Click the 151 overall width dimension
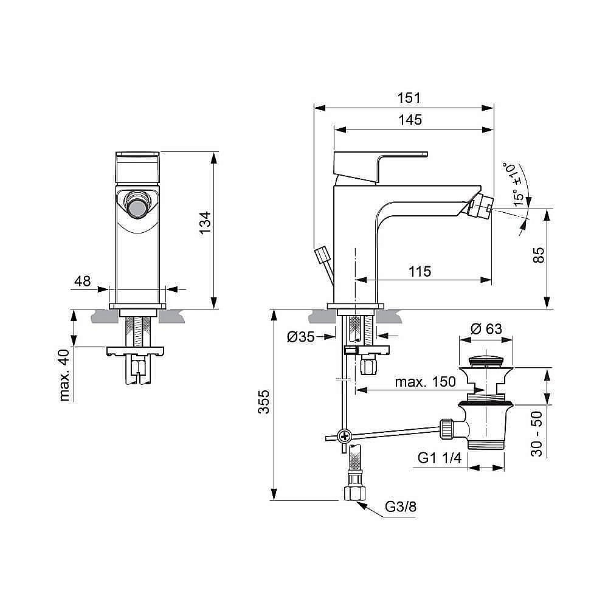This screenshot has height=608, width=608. pyautogui.click(x=409, y=98)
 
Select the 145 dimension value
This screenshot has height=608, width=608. pyautogui.click(x=410, y=120)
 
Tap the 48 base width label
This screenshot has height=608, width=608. pyautogui.click(x=82, y=281)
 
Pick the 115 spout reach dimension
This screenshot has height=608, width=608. pyautogui.click(x=419, y=271)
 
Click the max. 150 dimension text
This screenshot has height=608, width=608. pyautogui.click(x=425, y=382)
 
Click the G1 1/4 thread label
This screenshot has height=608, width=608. pyautogui.click(x=440, y=458)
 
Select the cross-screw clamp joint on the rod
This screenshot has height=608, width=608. pyautogui.click(x=345, y=435)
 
